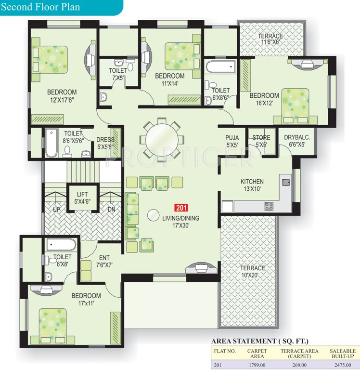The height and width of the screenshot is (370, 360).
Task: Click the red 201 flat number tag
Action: tap(181, 208)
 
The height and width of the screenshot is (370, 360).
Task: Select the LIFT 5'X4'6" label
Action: tap(83, 198)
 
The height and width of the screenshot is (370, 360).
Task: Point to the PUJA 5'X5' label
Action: tap(232, 141)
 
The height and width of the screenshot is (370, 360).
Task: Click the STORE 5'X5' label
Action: tap(261, 141)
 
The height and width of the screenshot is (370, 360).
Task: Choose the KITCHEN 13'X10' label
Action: tap(252, 185)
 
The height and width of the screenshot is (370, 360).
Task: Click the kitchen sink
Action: tap(286, 182)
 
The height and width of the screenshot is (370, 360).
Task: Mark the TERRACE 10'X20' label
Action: tap(253, 271)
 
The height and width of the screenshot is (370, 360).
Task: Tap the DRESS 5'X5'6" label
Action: tap(105, 143)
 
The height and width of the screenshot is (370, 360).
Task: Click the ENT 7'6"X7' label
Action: tap(105, 261)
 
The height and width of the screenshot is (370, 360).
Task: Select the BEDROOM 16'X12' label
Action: tap(264, 99)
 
